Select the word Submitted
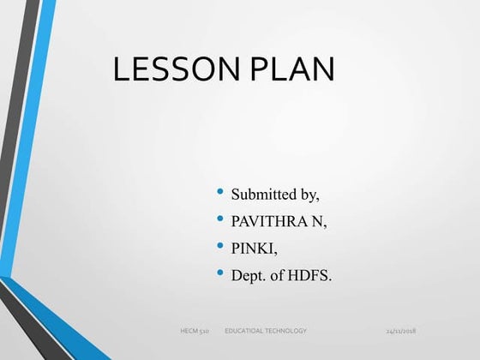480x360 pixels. pyautogui.click(x=264, y=194)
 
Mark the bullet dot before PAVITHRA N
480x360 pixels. pyautogui.click(x=222, y=219)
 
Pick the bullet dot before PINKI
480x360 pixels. pyautogui.click(x=222, y=246)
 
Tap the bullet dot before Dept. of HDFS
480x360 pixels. pyautogui.click(x=222, y=273)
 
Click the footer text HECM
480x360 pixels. pyautogui.click(x=189, y=330)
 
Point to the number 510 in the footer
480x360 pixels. pyautogui.click(x=204, y=330)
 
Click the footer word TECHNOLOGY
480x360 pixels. pyautogui.click(x=288, y=330)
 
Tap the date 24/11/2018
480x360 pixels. pyautogui.click(x=400, y=330)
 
